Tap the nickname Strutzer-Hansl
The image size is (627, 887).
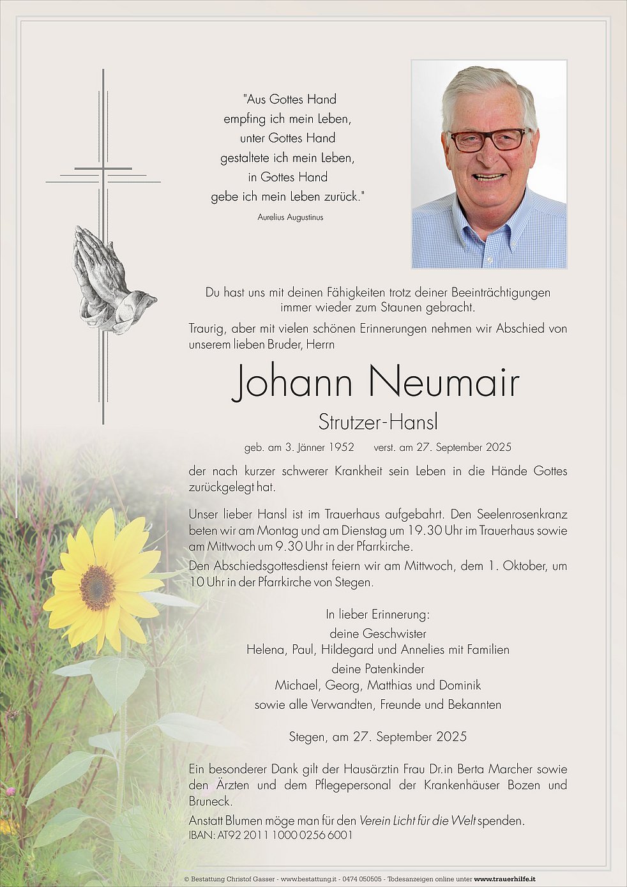pyautogui.click(x=378, y=422)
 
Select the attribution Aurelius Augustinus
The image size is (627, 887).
pyautogui.click(x=291, y=217)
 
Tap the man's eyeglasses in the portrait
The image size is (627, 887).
pyautogui.click(x=488, y=140)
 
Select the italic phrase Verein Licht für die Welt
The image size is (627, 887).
pyautogui.click(x=418, y=821)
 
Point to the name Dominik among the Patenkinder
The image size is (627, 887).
pyautogui.click(x=458, y=685)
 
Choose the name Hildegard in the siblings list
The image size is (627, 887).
pyautogui.click(x=348, y=650)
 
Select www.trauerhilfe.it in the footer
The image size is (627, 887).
pyautogui.click(x=504, y=879)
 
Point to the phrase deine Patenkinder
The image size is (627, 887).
pyautogui.click(x=378, y=669)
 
